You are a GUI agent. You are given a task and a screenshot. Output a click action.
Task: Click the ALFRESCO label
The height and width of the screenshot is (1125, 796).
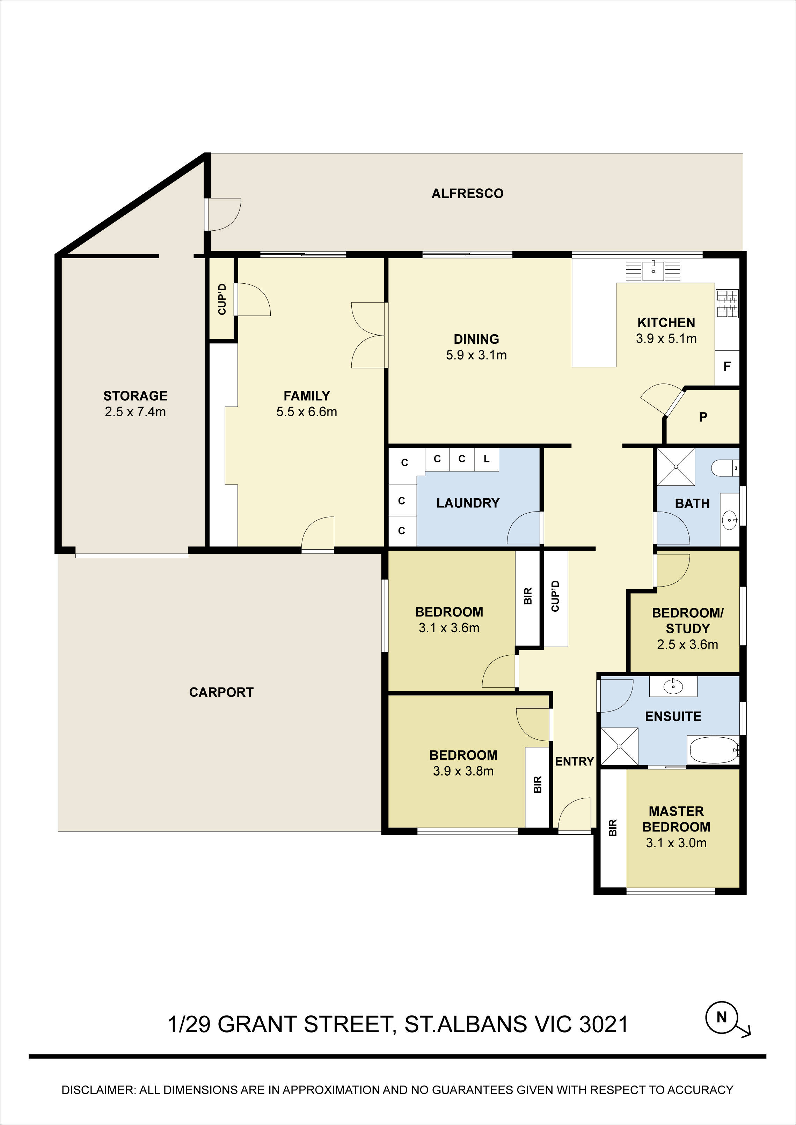tap(467, 194)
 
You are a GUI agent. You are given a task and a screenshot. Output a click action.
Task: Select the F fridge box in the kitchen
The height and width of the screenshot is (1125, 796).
tap(727, 366)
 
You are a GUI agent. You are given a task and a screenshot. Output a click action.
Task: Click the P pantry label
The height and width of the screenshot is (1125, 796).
tap(703, 417)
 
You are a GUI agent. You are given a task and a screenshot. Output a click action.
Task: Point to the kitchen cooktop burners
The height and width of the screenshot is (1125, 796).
tap(727, 303)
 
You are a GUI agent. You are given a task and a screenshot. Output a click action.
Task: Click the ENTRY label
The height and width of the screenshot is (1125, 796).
tap(574, 761)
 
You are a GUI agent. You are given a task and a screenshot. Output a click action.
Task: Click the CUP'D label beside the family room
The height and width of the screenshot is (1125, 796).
tap(222, 299)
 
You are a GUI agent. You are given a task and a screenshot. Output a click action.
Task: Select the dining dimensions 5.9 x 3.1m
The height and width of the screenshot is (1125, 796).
tap(476, 355)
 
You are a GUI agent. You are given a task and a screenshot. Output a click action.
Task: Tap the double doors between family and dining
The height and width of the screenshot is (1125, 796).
tap(369, 335)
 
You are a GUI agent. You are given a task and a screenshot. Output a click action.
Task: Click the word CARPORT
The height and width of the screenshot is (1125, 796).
tap(221, 692)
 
